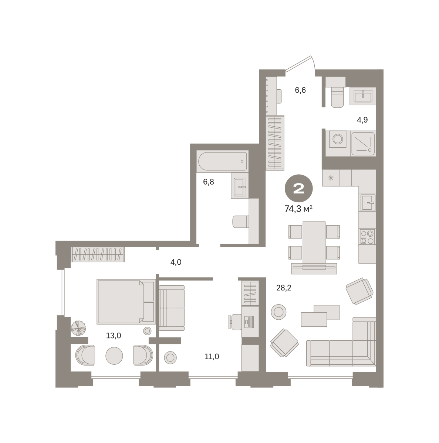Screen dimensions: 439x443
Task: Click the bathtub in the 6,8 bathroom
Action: [x=222, y=161]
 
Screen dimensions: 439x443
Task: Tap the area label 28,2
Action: [x=284, y=288]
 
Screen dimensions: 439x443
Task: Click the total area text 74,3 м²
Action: [x=298, y=209]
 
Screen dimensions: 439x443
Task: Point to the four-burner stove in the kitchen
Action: [x=367, y=237]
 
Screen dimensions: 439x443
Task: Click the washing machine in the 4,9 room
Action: [x=337, y=139]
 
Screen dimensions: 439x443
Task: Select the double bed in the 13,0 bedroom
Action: [x=126, y=302]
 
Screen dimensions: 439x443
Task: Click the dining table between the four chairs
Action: [x=314, y=243]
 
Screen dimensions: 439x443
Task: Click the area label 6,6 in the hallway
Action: [x=300, y=90]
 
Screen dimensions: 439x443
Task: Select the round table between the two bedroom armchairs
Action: [x=114, y=356]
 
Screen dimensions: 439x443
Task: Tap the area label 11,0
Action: [x=212, y=357]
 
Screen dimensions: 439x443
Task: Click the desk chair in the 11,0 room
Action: [x=235, y=322]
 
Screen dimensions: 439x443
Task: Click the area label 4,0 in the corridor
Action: [x=176, y=262]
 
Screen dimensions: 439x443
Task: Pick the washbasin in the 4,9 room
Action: [x=363, y=96]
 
